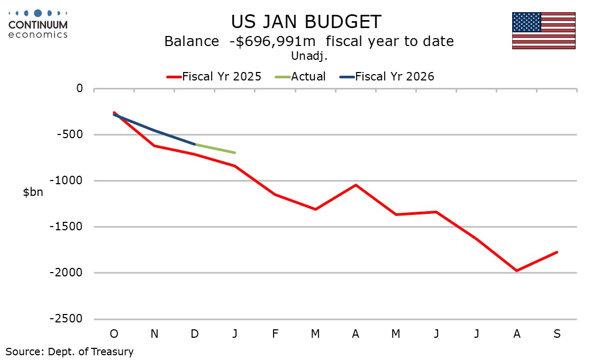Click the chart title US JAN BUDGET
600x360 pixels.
(306, 22)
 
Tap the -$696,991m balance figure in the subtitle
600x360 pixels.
(272, 41)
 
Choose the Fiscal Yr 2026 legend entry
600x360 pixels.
(394, 76)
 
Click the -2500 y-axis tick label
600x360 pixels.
(68, 319)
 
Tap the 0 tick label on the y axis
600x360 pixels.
(79, 88)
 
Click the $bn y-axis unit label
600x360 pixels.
(33, 192)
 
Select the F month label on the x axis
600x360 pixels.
(275, 334)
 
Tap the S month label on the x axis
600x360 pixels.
(557, 334)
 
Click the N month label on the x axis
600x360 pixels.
(154, 334)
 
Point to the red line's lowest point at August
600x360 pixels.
(516, 271)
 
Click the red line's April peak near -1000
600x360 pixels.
(356, 185)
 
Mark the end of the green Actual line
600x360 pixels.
(235, 152)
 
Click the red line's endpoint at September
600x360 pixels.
(557, 252)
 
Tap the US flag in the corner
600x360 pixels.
(543, 30)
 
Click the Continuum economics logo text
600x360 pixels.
(38, 29)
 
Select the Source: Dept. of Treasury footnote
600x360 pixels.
(69, 351)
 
